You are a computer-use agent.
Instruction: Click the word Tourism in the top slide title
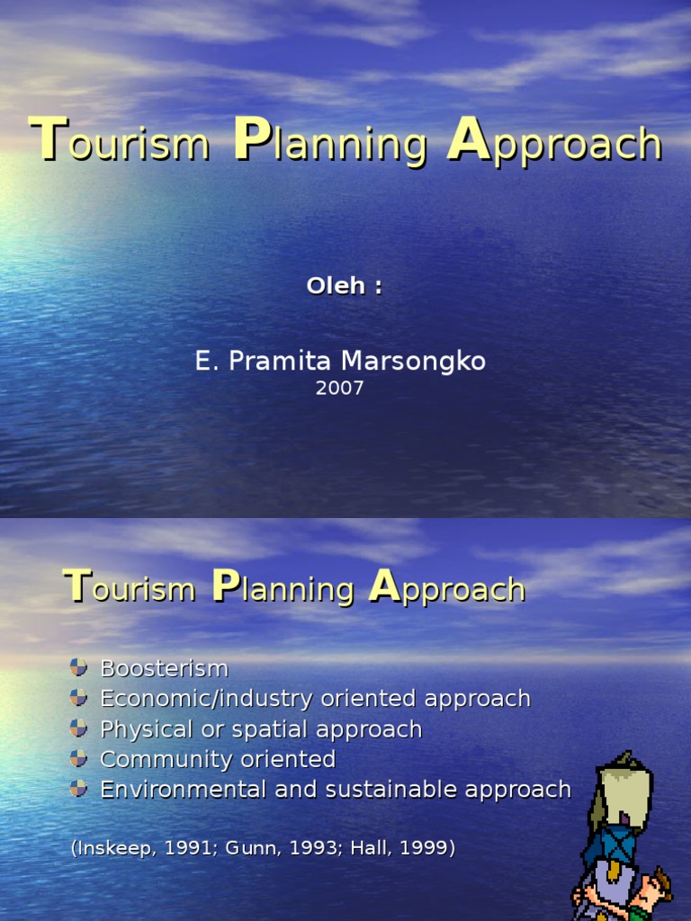[121, 143]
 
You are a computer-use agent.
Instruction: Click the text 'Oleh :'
[345, 286]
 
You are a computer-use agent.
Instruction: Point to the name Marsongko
[415, 362]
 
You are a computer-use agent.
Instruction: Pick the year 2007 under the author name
[340, 389]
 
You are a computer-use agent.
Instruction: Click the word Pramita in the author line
[285, 362]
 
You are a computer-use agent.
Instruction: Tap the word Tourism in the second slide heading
[130, 588]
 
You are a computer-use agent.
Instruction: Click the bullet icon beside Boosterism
[79, 667]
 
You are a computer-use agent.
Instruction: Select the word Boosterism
[165, 668]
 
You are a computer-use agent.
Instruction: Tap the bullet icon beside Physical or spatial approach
[79, 728]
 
